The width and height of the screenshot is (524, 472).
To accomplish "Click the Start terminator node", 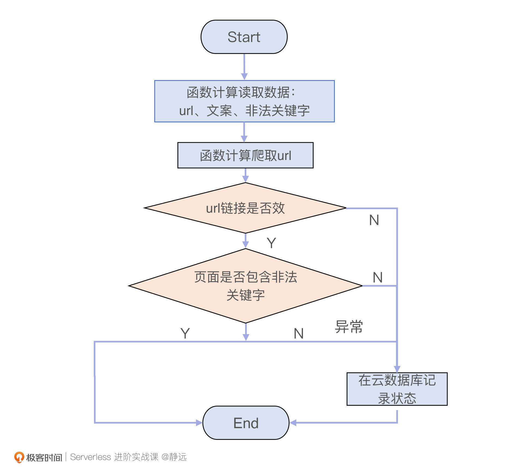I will click(244, 37).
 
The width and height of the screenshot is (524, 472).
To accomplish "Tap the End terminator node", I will click(246, 423).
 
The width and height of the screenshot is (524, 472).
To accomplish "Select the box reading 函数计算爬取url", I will click(245, 155).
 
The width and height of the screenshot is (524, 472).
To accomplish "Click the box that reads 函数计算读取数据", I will click(244, 101).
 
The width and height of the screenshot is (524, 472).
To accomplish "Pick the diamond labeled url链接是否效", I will click(245, 208).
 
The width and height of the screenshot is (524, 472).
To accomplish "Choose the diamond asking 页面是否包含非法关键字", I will click(245, 286).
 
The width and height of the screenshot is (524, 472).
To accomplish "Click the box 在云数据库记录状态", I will click(397, 389).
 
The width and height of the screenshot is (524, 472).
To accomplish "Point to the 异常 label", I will click(349, 326).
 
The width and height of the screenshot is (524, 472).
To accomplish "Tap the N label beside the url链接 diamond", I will click(374, 220).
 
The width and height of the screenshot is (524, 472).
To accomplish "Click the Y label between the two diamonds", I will click(271, 243).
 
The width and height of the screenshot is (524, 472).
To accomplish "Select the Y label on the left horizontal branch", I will click(185, 333).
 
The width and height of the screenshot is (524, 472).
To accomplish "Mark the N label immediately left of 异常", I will click(299, 333).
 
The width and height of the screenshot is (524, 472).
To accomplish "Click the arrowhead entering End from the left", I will click(199, 423).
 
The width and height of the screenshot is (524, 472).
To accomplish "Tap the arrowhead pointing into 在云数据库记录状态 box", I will click(397, 369).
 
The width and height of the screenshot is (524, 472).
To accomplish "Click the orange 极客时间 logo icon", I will click(19, 457).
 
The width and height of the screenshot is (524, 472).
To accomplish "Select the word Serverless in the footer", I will click(90, 457).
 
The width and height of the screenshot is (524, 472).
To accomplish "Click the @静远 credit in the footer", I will click(174, 457).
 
